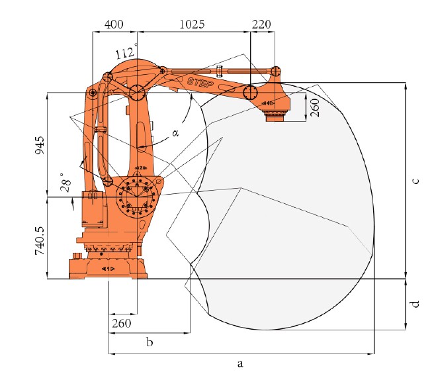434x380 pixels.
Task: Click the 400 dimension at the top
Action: [114, 24]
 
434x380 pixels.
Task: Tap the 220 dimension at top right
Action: [262, 24]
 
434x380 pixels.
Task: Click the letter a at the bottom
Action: [240, 363]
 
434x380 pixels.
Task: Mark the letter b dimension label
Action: [150, 342]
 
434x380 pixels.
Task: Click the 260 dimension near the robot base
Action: [122, 324]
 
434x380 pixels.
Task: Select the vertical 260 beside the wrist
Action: [315, 107]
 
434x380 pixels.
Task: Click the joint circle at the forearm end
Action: [250, 92]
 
